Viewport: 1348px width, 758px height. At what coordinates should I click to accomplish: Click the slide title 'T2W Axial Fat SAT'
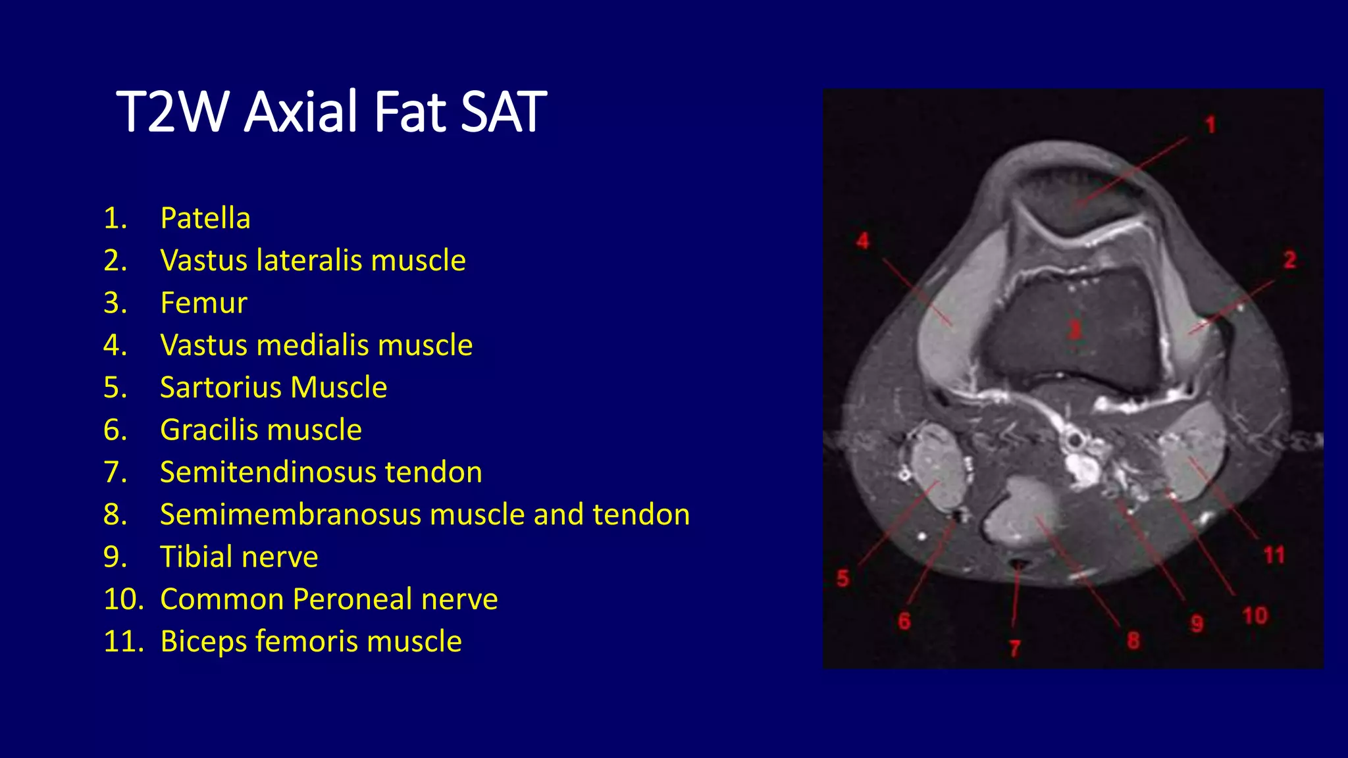331,112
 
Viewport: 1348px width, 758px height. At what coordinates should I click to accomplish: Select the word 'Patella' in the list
205,218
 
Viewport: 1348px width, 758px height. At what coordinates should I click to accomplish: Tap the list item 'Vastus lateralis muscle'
313,260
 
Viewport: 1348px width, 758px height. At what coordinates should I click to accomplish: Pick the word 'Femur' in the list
203,303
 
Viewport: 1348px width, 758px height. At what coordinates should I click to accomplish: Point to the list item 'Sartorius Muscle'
273,387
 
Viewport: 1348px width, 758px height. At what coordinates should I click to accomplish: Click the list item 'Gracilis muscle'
261,430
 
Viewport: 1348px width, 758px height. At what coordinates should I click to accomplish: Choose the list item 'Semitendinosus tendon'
321,472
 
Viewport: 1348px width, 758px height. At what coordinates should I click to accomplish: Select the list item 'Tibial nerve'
239,557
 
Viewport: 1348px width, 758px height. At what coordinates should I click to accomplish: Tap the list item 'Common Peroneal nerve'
328,599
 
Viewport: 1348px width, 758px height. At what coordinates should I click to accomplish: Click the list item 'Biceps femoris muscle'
311,641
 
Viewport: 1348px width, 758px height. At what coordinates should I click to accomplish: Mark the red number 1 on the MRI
1210,125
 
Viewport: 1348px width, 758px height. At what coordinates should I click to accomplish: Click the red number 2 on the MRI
1289,260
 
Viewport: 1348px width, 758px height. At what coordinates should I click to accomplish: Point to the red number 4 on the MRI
863,241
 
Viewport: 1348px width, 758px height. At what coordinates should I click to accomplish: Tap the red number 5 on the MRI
842,578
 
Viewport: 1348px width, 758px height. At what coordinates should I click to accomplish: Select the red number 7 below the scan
1014,649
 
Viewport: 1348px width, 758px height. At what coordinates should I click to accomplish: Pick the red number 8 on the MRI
1133,640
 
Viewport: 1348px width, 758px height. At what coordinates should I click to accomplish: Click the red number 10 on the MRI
1255,616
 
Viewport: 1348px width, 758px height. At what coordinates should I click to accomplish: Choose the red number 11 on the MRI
1274,555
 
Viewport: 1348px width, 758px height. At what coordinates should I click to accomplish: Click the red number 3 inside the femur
1074,329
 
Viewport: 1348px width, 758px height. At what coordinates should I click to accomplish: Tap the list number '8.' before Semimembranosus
115,515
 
